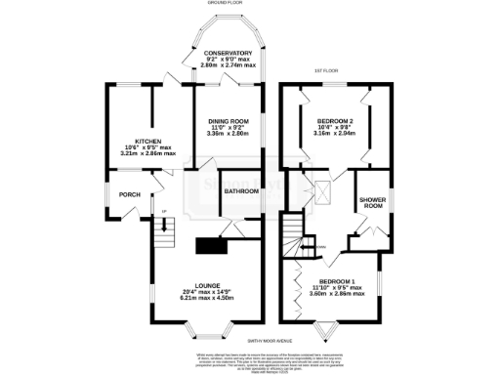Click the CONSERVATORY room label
click(x=228, y=53)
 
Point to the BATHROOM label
click(x=241, y=191)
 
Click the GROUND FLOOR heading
click(x=226, y=4)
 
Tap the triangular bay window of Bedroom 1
click(x=327, y=330)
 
